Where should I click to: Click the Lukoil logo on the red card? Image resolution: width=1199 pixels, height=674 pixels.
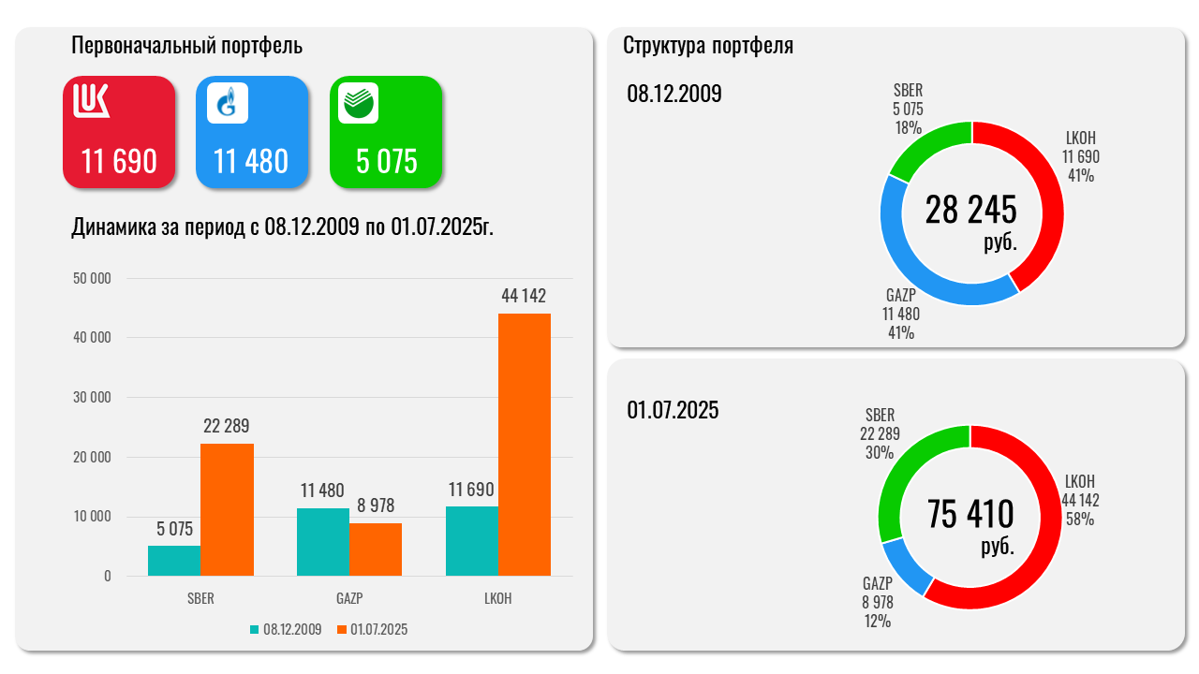click(x=92, y=102)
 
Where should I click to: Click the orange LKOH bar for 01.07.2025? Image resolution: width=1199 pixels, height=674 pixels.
click(x=525, y=445)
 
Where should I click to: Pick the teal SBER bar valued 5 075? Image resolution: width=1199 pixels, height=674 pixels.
click(x=174, y=561)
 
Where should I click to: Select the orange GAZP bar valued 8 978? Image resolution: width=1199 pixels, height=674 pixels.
click(x=376, y=549)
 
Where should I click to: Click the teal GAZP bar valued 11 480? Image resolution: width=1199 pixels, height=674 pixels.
click(x=323, y=542)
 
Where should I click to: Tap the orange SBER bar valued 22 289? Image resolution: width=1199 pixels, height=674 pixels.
click(x=228, y=509)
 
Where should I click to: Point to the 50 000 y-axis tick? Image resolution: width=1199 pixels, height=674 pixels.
click(x=93, y=278)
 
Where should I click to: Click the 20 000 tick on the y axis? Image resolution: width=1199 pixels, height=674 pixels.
click(x=93, y=457)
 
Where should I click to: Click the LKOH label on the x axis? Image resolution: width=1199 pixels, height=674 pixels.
click(x=498, y=599)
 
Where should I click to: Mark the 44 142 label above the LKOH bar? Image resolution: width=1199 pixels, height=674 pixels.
click(x=524, y=296)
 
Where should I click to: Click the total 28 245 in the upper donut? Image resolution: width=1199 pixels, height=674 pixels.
click(x=970, y=211)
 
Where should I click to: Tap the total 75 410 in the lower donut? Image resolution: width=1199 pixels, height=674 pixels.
click(x=970, y=514)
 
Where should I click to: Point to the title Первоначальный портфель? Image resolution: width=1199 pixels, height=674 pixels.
click(x=187, y=46)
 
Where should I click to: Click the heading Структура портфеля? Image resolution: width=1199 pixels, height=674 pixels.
click(x=708, y=46)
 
